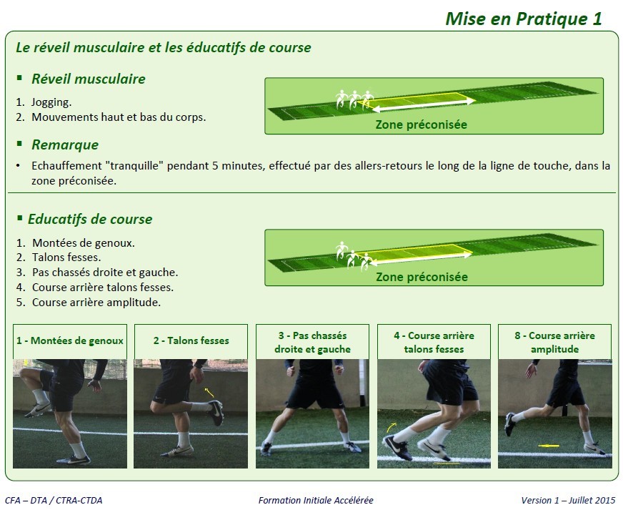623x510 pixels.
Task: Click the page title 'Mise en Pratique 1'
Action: click(523, 19)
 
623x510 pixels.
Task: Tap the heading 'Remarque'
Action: click(65, 144)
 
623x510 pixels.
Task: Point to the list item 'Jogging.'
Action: click(51, 102)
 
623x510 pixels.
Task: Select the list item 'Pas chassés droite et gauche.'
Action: click(105, 273)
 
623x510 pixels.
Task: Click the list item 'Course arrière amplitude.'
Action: click(96, 302)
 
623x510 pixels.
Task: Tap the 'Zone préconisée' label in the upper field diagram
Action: click(421, 124)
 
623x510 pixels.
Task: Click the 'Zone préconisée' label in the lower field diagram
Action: click(421, 277)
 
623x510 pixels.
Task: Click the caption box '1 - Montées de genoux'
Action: click(70, 341)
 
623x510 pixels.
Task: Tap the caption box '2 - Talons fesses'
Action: click(191, 341)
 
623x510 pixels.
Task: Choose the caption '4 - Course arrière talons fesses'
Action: click(433, 342)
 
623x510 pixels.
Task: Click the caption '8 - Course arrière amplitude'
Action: click(554, 342)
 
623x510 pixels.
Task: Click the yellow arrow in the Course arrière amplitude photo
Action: click(549, 446)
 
